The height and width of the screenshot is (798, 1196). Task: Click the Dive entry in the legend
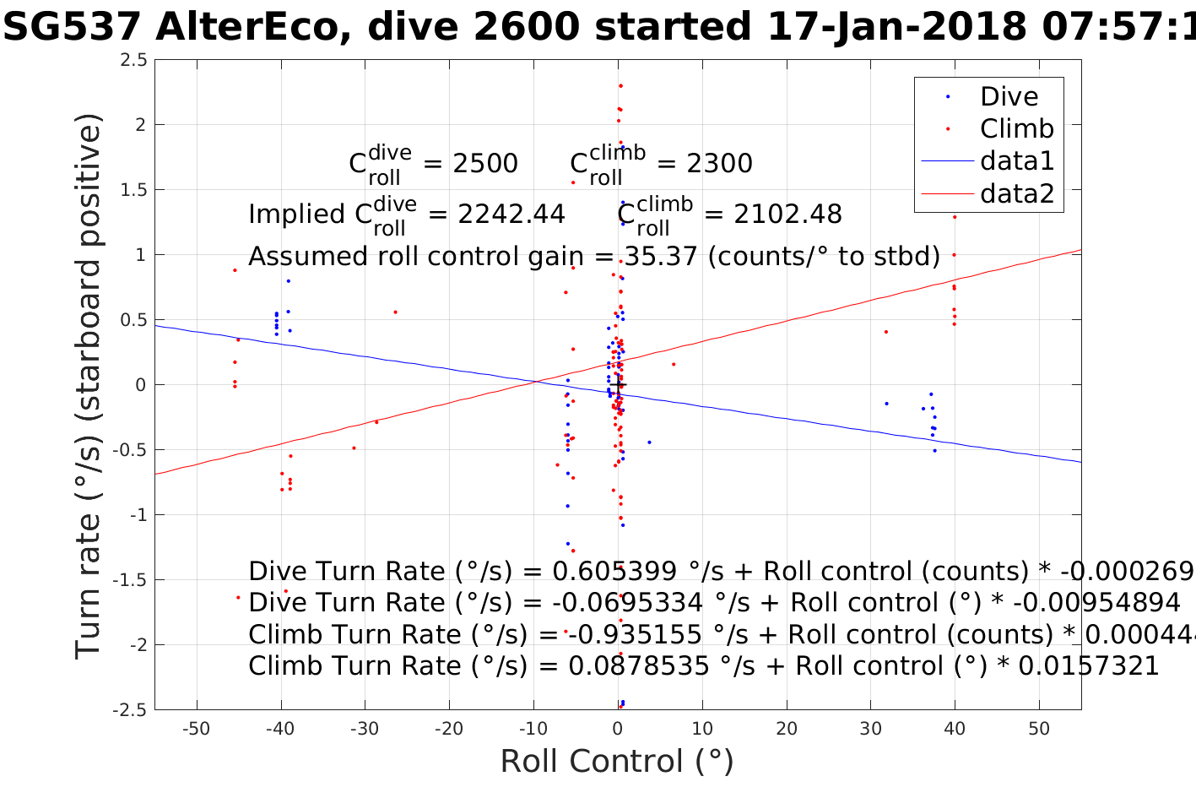(1009, 96)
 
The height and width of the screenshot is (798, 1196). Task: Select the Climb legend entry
(1016, 128)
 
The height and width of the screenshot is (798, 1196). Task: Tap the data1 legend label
(1016, 160)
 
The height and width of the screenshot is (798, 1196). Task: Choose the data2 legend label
(1016, 193)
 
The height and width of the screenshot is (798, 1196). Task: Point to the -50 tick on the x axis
(196, 729)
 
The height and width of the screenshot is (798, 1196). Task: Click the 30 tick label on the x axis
(870, 729)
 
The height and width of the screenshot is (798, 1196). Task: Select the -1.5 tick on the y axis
(129, 580)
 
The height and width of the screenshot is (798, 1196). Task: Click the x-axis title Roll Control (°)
(617, 762)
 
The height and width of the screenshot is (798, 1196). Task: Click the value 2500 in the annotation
(485, 164)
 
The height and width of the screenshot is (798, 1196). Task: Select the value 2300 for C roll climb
(719, 164)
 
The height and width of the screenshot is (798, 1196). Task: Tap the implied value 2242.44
(511, 214)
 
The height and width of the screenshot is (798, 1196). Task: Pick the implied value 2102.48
(787, 214)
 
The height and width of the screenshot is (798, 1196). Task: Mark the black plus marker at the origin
(618, 385)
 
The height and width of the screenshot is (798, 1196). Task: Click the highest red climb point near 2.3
(620, 85)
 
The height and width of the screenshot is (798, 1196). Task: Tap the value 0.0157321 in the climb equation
(1089, 666)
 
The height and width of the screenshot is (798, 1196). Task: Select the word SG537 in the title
(72, 28)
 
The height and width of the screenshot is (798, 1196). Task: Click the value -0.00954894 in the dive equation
(1096, 603)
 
